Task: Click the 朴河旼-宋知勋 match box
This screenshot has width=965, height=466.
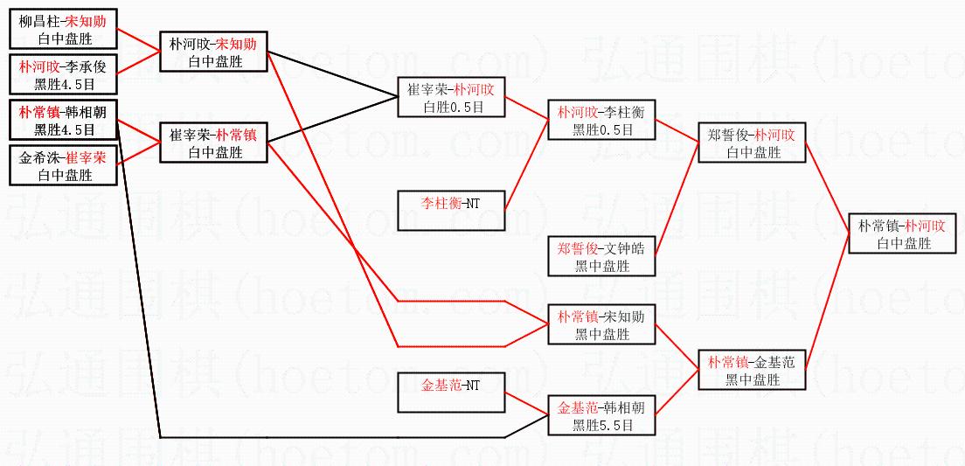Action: (x=213, y=52)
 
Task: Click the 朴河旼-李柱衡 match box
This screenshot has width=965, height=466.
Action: (x=601, y=121)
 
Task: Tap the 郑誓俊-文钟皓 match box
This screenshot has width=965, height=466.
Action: (x=601, y=256)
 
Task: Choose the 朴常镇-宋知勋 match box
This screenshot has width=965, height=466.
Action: (x=601, y=324)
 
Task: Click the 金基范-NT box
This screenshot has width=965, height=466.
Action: (x=451, y=393)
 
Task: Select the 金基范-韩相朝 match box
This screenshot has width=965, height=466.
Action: (x=601, y=415)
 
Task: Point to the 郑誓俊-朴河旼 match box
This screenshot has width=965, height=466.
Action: (x=752, y=143)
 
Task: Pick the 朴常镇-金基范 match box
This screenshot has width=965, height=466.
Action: (x=752, y=370)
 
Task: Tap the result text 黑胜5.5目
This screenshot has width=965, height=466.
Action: (x=601, y=425)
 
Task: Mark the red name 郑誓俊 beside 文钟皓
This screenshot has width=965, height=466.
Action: (x=577, y=248)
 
